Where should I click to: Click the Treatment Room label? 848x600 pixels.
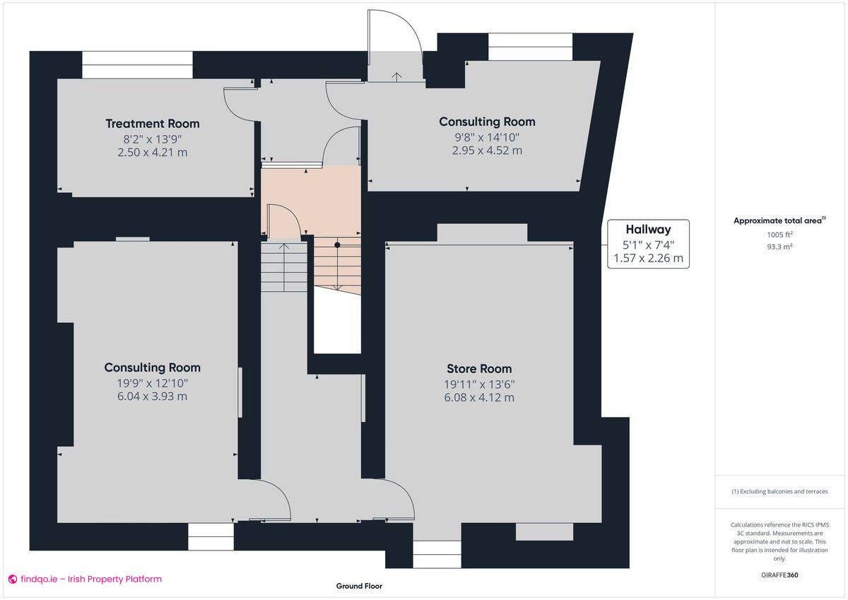point(153,124)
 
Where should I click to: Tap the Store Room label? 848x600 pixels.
point(479,369)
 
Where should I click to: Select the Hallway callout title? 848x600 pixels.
point(648,230)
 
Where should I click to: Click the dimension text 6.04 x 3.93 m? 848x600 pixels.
point(152,396)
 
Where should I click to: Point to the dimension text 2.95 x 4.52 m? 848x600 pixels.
point(487,151)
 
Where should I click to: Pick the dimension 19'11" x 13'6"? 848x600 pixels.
point(479,384)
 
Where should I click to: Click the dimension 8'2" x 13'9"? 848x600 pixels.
point(153,139)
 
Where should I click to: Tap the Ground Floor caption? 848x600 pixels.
point(359,586)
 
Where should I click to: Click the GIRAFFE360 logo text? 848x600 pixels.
point(780,575)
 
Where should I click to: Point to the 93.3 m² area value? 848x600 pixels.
point(780,246)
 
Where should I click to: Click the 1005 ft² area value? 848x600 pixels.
point(780,235)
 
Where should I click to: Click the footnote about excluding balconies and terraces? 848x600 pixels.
point(780,491)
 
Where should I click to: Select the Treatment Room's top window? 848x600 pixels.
point(137,65)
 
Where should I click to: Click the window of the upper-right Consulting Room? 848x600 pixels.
point(530,47)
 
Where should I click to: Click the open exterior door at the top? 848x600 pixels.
point(394,35)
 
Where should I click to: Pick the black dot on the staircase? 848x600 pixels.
point(338,245)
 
